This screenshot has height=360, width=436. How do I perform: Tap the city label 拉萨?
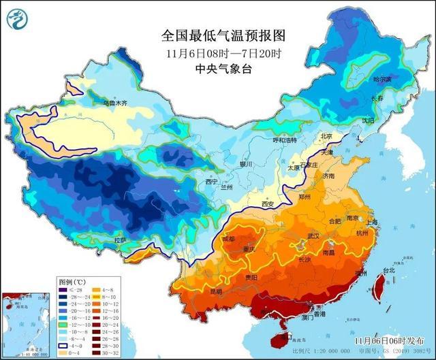(120, 240)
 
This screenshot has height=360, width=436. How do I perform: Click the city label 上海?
(371, 222)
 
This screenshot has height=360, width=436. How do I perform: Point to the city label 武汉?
(313, 235)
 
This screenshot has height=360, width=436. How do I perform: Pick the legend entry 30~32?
(108, 352)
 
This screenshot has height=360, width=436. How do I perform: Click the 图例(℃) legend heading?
(71, 280)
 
